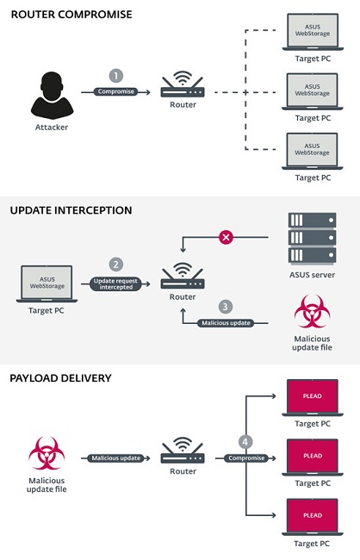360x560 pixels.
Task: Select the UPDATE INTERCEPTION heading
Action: click(71, 209)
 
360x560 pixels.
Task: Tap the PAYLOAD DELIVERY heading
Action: click(60, 377)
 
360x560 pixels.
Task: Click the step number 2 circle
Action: click(115, 264)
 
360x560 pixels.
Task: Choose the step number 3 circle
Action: click(225, 307)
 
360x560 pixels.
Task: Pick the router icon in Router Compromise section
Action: click(183, 86)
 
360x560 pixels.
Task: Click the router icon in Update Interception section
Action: click(183, 277)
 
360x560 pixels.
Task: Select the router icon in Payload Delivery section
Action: click(183, 454)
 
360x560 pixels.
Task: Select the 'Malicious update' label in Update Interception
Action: click(225, 324)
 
